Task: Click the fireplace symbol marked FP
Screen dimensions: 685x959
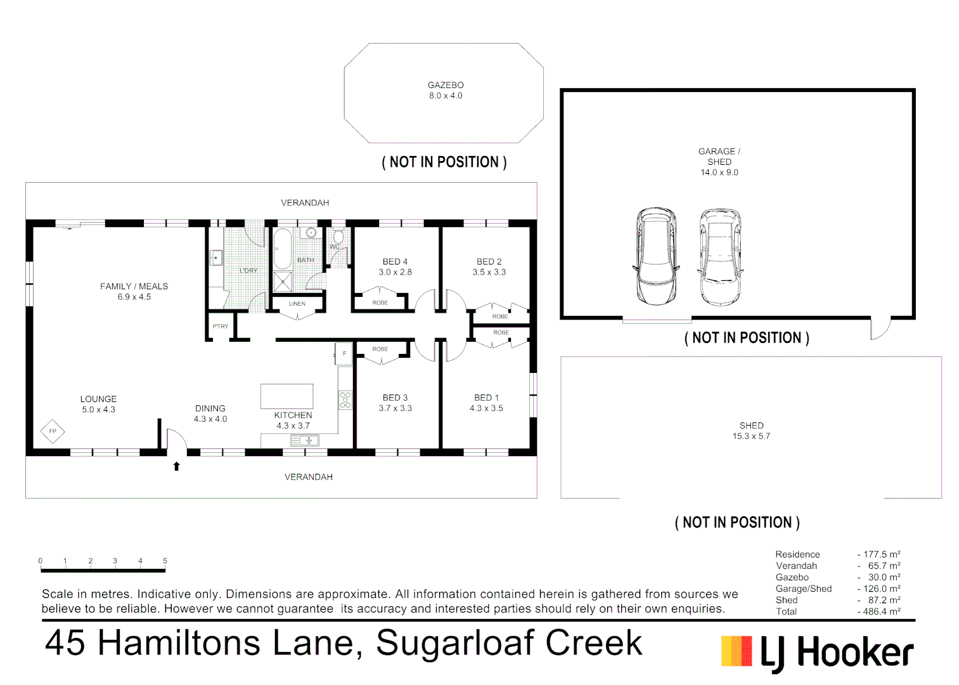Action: tap(53, 431)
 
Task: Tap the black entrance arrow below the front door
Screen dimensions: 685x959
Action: tap(177, 466)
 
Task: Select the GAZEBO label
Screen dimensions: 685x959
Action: tap(446, 85)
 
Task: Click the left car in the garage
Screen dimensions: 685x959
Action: tap(656, 256)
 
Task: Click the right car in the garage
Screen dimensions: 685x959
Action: tap(719, 256)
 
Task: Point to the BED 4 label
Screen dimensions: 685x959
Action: tap(395, 261)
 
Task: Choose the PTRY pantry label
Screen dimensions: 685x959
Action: tap(221, 327)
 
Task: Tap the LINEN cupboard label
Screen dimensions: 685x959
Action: tap(297, 304)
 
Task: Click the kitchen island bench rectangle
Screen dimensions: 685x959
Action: tap(287, 396)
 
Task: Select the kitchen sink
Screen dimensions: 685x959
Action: tap(304, 440)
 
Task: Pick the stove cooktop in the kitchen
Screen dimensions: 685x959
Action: tap(345, 400)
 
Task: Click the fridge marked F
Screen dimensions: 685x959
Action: tap(344, 354)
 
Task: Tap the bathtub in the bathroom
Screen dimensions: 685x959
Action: tap(282, 249)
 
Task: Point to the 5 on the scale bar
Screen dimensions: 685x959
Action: tap(165, 561)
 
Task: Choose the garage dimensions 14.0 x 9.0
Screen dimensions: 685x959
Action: tap(719, 173)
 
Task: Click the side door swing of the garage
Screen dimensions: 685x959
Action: tap(880, 327)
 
